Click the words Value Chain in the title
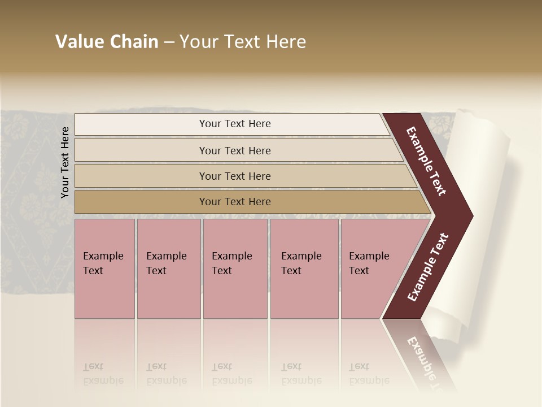tap(107, 42)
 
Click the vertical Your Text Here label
tap(65, 162)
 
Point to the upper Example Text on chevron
tap(427, 161)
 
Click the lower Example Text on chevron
tap(428, 267)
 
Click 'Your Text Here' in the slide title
tap(243, 42)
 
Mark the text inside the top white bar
tap(235, 124)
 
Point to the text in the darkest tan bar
tap(235, 202)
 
